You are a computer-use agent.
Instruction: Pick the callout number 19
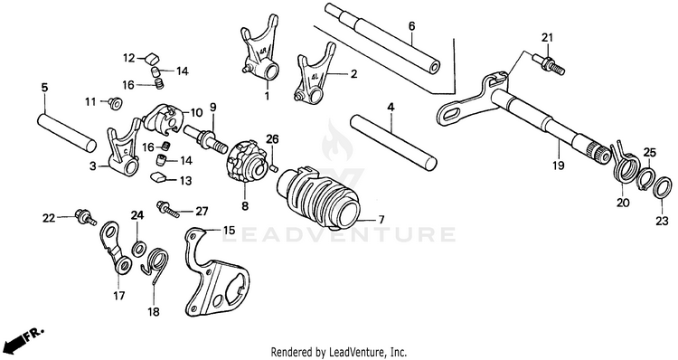pos(559,165)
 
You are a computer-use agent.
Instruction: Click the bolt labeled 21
pos(549,63)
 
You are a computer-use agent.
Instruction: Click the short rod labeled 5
pos(66,131)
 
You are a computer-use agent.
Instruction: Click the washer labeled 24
pos(138,249)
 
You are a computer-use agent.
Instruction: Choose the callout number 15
pos(230,230)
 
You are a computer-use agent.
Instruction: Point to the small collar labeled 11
pos(116,103)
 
